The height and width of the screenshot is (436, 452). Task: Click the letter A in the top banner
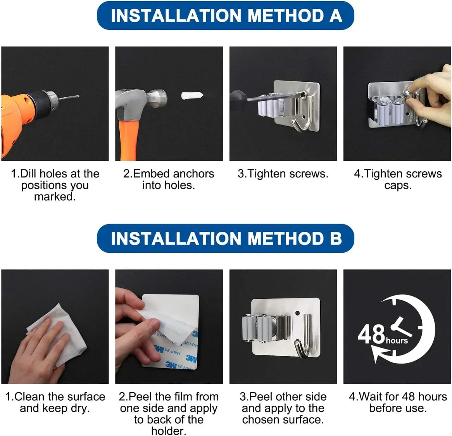point(336,15)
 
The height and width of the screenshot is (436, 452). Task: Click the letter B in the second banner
point(336,239)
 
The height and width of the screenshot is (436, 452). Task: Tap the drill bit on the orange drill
point(69,97)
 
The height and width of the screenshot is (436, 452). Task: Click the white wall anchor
point(192,95)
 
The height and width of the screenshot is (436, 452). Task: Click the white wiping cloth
point(58,334)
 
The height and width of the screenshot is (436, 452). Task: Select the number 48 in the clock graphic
point(371,334)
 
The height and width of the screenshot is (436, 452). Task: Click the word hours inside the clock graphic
point(397,341)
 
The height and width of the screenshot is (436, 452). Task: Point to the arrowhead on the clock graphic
point(377,353)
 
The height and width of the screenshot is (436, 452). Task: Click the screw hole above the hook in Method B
point(297,313)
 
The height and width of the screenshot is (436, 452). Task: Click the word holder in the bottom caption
point(169,431)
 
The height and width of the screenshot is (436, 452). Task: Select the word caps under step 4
point(397,186)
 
